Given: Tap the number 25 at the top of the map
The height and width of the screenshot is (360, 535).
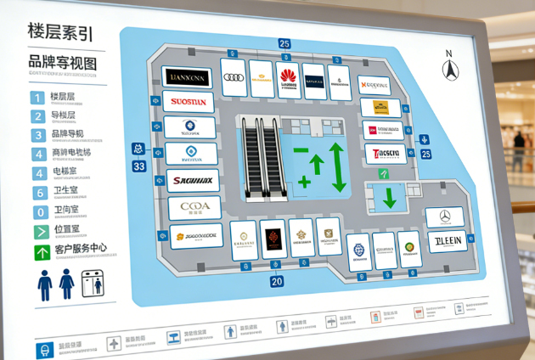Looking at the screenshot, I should (x=284, y=44).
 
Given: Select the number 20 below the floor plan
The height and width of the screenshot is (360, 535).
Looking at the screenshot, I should (x=276, y=280).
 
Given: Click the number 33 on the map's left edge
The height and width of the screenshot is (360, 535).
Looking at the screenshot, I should (x=139, y=166).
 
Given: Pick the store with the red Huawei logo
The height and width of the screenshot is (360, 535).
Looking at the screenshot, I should (x=289, y=78).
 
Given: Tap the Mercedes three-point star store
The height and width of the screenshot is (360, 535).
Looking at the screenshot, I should (x=443, y=217).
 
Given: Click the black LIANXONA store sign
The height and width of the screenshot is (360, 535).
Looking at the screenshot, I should (x=188, y=77).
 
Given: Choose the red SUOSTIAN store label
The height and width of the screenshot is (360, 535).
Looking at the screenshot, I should (x=189, y=103).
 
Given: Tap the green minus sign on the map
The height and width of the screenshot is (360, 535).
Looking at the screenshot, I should (x=301, y=150).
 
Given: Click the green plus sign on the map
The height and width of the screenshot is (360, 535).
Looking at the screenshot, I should (x=304, y=181).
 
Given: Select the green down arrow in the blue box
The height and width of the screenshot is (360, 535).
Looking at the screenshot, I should (x=389, y=197).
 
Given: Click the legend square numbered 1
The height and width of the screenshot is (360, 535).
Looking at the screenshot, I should (x=38, y=96).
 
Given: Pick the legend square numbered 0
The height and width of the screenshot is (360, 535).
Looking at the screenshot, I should (x=38, y=211).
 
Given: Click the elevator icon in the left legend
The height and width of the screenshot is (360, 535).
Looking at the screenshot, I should (x=97, y=284).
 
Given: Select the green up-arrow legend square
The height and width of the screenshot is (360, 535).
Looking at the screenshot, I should (x=39, y=252).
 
